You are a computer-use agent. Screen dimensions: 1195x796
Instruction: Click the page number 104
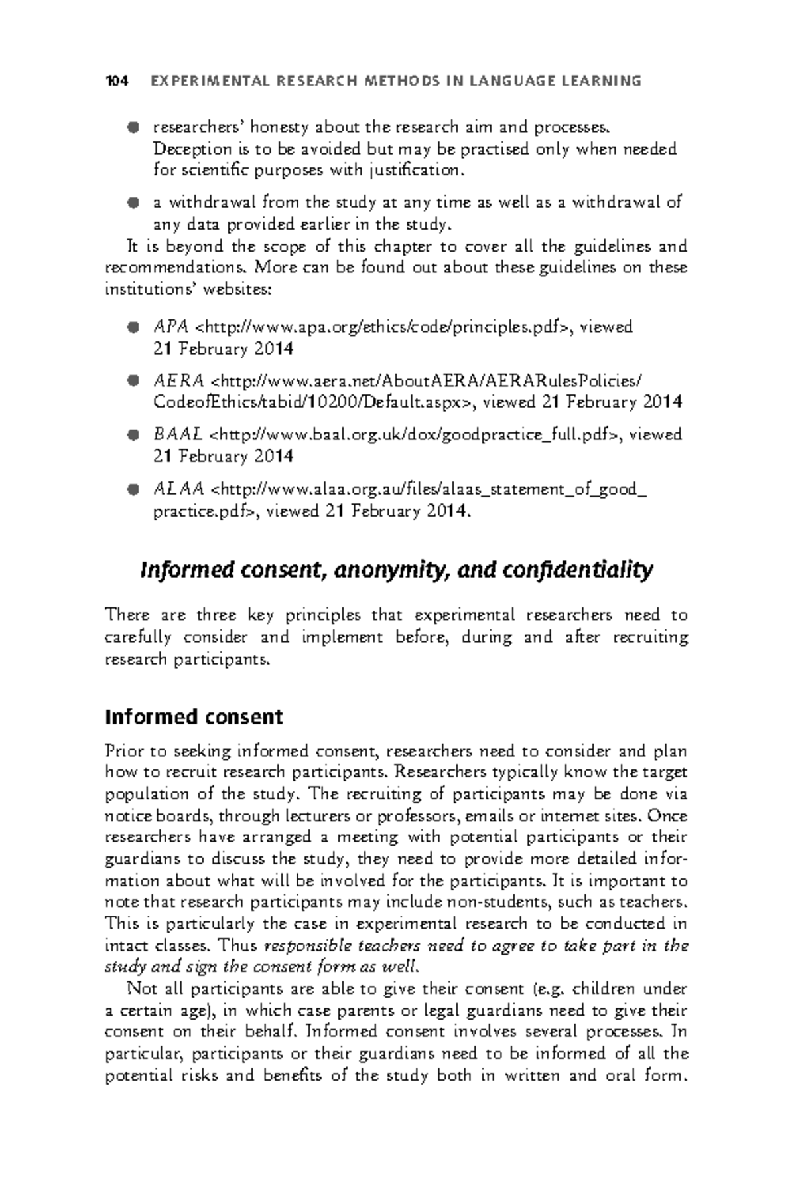point(116,81)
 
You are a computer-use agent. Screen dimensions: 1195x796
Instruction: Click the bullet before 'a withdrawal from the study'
point(133,202)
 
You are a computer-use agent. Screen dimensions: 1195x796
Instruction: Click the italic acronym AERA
point(178,381)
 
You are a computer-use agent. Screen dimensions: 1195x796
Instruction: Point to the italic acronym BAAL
point(178,435)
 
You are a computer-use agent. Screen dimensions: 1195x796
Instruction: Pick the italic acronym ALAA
point(178,489)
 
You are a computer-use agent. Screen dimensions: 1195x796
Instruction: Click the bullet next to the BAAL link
point(133,436)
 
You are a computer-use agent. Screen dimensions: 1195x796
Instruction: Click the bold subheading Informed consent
point(194,717)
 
